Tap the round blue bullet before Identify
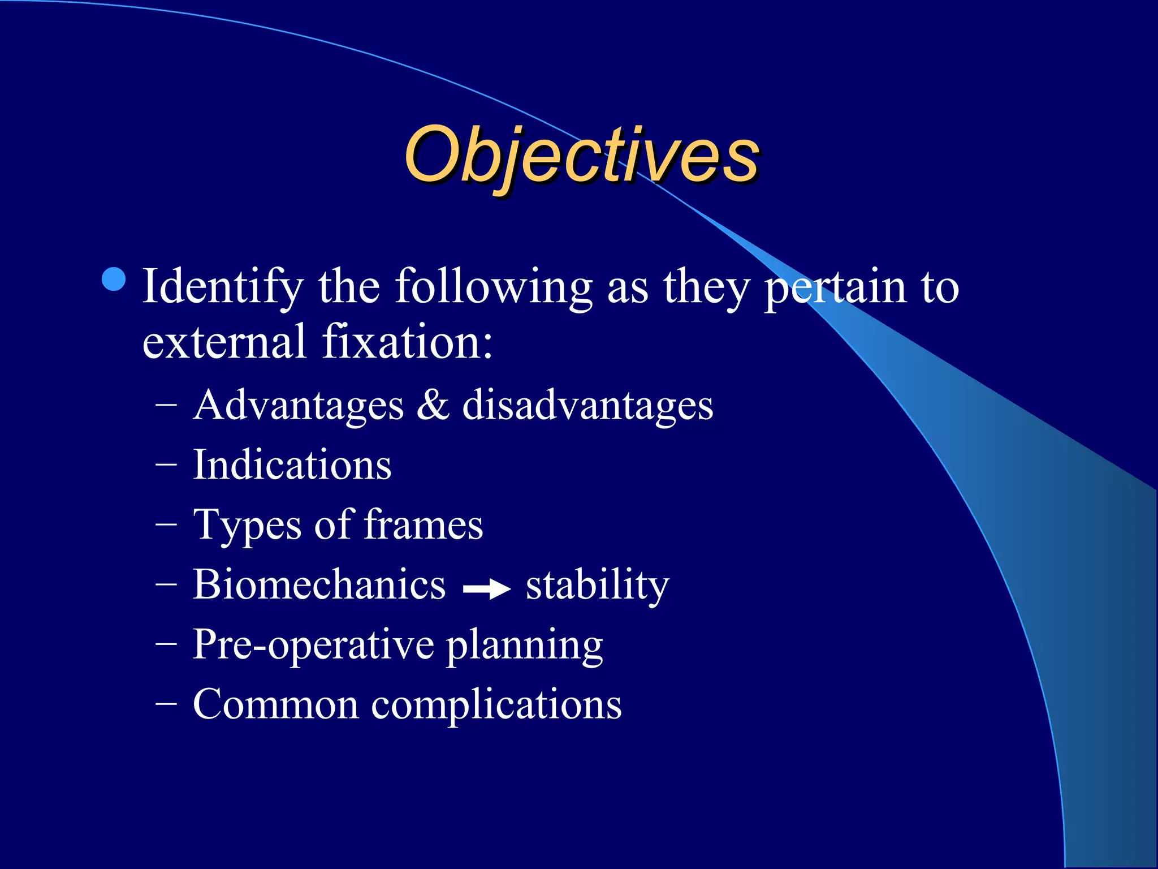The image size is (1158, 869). click(115, 279)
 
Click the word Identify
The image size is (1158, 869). click(223, 287)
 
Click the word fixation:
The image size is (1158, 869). click(408, 342)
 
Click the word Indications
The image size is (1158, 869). click(292, 465)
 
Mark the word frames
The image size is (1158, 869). click(423, 525)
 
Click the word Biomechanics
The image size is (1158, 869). click(319, 584)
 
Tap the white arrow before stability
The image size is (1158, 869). click(486, 590)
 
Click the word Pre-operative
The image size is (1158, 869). click(313, 645)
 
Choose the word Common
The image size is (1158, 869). click(275, 704)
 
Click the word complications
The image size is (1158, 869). click(496, 705)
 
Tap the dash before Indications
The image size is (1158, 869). click(166, 465)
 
